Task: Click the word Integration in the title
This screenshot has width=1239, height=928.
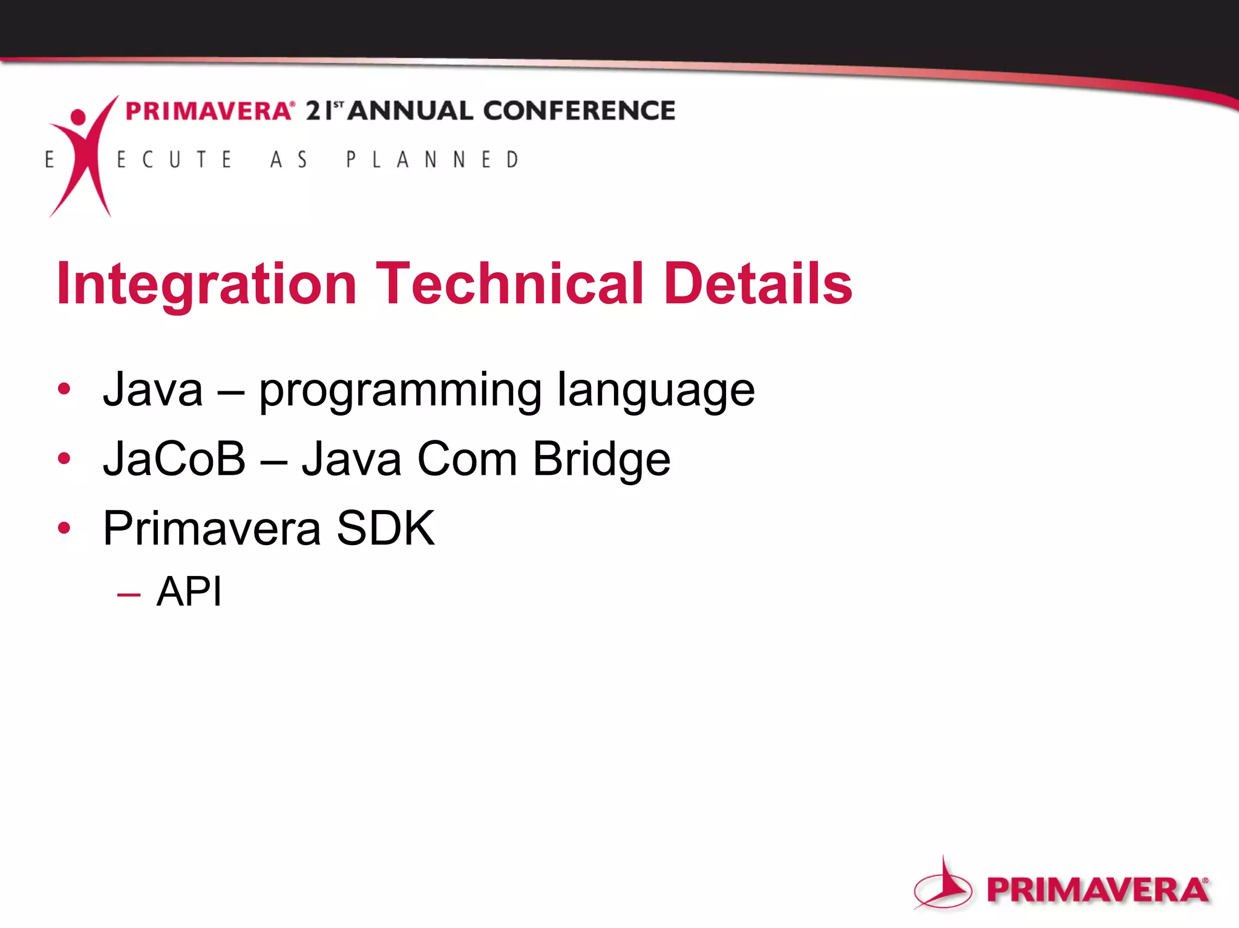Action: [206, 284]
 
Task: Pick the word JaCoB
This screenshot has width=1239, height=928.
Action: [174, 459]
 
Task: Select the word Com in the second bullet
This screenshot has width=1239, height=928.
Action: [466, 459]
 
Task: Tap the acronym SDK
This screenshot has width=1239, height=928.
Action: [385, 528]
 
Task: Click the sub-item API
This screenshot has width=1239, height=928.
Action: [189, 591]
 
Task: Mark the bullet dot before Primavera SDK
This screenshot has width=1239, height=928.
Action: [64, 528]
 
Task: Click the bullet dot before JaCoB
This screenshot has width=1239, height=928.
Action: [64, 459]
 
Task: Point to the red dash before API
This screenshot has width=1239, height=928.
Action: [129, 595]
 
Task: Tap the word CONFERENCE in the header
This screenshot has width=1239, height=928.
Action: [579, 111]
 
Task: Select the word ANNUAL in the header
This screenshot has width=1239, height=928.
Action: [410, 111]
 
